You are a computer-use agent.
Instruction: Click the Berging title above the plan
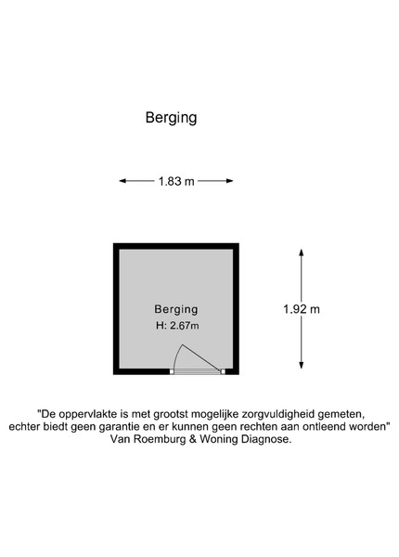(171, 118)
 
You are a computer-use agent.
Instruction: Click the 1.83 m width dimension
(176, 182)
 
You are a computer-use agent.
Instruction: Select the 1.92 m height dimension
(302, 309)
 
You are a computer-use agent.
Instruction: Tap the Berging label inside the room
(176, 309)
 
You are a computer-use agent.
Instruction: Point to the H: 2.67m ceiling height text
(177, 326)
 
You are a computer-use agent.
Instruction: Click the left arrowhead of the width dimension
(122, 181)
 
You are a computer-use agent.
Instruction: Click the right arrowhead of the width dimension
(230, 181)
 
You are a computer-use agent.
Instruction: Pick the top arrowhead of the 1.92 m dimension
(301, 253)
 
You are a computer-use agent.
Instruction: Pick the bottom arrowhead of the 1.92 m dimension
(301, 365)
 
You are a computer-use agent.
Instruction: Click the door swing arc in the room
(175, 356)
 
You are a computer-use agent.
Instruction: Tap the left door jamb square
(172, 371)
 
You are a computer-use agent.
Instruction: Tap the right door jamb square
(223, 371)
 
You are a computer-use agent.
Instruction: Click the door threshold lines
(198, 371)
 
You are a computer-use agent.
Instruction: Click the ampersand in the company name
(193, 439)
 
